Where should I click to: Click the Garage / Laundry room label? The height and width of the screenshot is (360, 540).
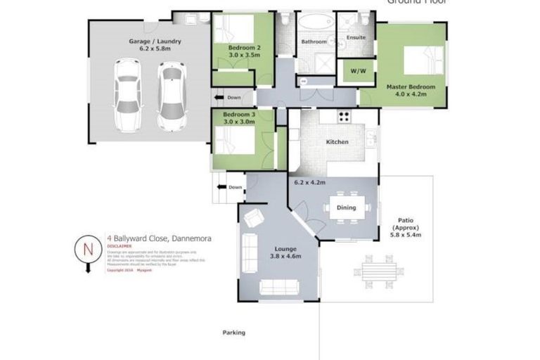(155, 41)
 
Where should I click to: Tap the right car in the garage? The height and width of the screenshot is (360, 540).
(171, 91)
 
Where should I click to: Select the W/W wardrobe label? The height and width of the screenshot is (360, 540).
(356, 70)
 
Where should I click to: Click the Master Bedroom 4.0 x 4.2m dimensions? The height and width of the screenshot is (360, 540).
(411, 94)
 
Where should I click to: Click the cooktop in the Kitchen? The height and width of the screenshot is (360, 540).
(345, 117)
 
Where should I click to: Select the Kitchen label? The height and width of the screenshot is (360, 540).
(337, 142)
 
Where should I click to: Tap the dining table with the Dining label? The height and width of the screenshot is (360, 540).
(346, 207)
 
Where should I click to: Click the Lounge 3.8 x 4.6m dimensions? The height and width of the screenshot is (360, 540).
(285, 257)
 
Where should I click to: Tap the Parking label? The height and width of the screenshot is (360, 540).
(234, 333)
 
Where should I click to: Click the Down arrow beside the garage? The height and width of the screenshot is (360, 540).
(228, 97)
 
